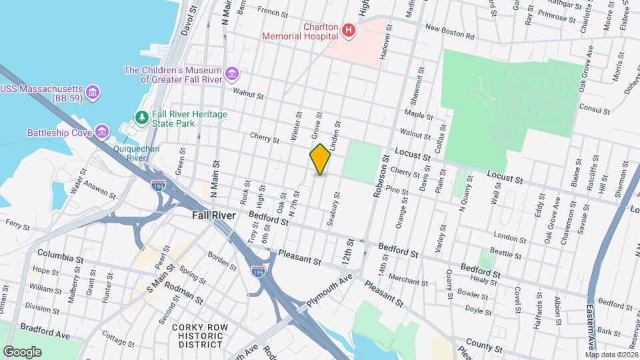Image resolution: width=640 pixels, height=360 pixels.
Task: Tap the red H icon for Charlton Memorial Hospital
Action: (x=347, y=30)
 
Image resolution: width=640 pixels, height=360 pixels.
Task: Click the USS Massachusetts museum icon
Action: (x=93, y=91)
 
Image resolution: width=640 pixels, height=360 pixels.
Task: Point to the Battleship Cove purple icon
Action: (x=101, y=131)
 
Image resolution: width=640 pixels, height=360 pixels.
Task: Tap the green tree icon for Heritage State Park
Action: (x=141, y=118)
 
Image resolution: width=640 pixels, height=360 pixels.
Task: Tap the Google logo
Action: (x=21, y=351)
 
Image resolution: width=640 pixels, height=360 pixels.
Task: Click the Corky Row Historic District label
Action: (x=200, y=335)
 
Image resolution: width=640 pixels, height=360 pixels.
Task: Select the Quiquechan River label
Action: (x=136, y=153)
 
